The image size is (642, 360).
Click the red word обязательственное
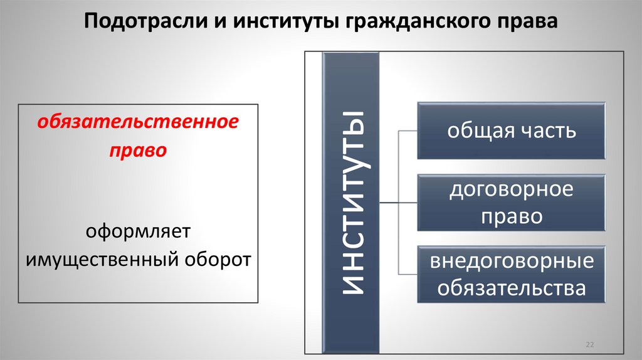[x=137, y=122]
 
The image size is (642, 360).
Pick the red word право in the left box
[x=137, y=151]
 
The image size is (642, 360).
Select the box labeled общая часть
[x=511, y=132]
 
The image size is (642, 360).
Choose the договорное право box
[x=511, y=203]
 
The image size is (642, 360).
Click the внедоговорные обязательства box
[x=511, y=275]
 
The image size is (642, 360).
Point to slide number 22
[x=589, y=345]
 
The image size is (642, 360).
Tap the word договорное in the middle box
[x=511, y=189]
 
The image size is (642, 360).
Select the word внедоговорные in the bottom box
[x=511, y=261]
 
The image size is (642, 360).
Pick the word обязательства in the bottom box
[x=511, y=289]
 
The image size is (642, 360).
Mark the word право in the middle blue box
[x=511, y=216]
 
